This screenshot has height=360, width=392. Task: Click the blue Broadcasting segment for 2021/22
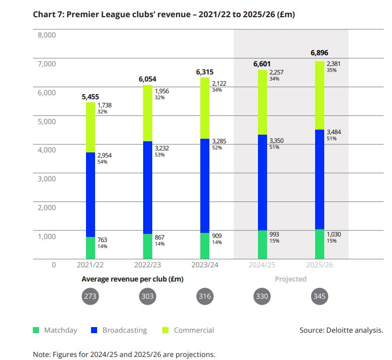click(x=91, y=194)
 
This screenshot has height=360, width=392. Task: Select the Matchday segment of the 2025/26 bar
click(x=319, y=244)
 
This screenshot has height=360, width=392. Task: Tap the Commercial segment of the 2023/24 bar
click(x=205, y=108)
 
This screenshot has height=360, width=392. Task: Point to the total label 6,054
click(x=148, y=79)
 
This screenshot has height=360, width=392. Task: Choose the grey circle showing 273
click(x=91, y=296)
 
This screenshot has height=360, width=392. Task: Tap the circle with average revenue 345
click(x=319, y=296)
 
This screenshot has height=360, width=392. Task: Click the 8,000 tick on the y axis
click(x=46, y=35)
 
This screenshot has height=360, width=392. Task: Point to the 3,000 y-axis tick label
click(x=46, y=178)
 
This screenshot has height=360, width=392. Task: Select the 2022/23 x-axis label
click(x=148, y=265)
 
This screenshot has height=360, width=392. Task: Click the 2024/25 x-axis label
click(x=262, y=265)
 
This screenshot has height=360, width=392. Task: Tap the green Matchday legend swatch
click(x=36, y=330)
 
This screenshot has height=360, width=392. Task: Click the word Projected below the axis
click(x=290, y=279)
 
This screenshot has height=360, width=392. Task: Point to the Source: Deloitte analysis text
click(x=341, y=330)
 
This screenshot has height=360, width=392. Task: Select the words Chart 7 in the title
click(x=48, y=14)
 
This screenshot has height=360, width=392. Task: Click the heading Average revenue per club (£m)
click(x=133, y=279)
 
